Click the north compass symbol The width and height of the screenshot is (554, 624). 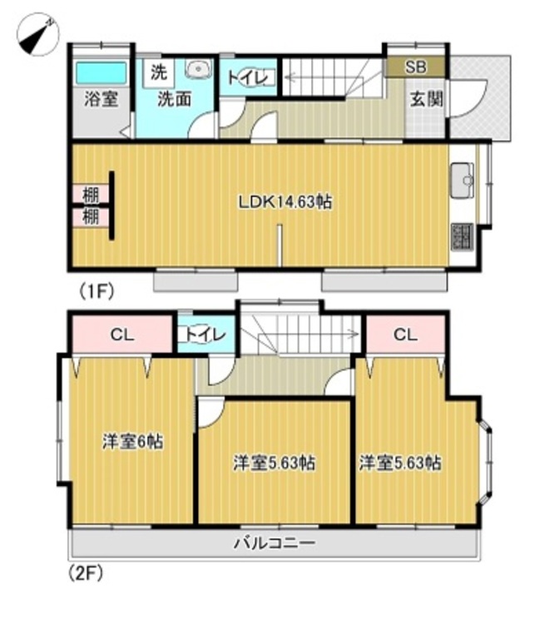[37, 35]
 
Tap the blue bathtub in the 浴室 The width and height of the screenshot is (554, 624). [101, 72]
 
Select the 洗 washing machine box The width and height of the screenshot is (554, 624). [159, 73]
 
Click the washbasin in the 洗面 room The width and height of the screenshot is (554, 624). [197, 69]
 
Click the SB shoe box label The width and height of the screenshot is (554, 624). [416, 67]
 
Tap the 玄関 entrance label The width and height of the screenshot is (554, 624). [426, 99]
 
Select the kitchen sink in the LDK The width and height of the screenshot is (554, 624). [462, 180]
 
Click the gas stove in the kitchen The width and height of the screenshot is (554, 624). [462, 237]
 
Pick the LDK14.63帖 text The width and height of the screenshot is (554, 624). [285, 202]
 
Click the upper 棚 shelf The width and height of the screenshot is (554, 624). [91, 195]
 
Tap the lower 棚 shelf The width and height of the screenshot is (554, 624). [91, 217]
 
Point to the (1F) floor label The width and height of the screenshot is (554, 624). [96, 291]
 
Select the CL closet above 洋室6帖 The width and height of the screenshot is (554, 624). [121, 334]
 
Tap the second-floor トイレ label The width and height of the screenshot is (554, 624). [205, 334]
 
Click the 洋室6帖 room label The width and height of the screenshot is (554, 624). [133, 441]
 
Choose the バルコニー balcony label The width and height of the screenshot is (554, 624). [275, 542]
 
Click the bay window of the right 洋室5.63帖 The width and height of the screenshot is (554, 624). [486, 463]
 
